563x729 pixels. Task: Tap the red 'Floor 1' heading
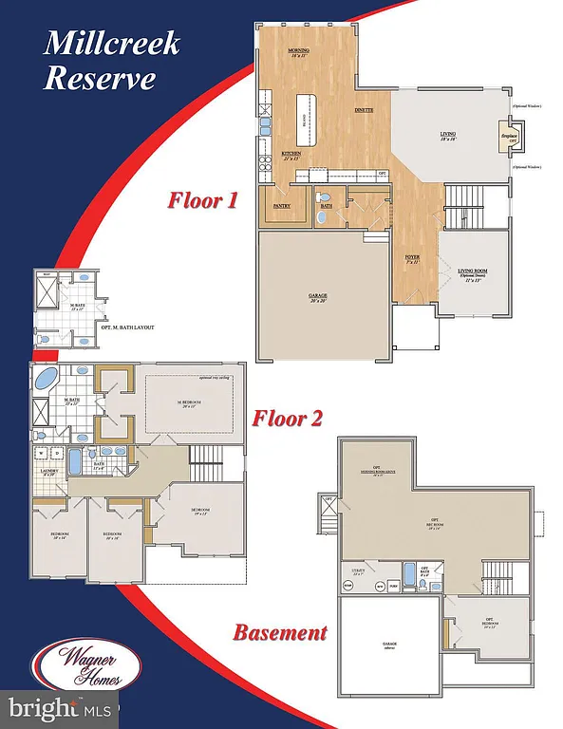[x=202, y=200]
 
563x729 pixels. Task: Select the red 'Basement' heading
[x=280, y=632]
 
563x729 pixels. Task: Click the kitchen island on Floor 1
[x=307, y=116]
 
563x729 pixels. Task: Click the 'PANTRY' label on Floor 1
[x=282, y=205]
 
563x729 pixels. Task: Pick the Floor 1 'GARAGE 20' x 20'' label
[x=318, y=296]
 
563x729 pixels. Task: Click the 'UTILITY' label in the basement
[x=359, y=571]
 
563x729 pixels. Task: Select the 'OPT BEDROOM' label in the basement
[x=490, y=624]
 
